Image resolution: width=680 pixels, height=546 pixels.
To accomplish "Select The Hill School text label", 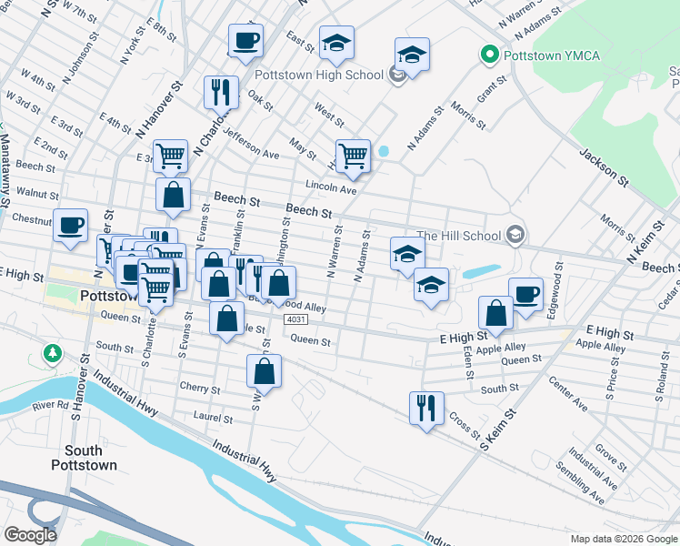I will click(x=458, y=236).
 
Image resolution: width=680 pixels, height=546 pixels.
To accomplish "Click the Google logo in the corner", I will click(x=30, y=534).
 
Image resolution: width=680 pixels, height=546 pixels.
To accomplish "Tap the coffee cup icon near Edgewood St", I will click(x=525, y=293).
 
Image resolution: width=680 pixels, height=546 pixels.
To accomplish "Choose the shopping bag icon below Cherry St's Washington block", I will click(x=264, y=369).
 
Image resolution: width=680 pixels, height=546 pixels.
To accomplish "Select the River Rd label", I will click(x=50, y=405).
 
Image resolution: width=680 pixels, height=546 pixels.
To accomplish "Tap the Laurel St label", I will click(x=214, y=419).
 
